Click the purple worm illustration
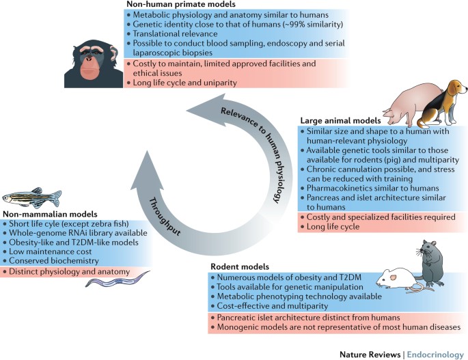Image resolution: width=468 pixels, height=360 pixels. (x=102, y=282)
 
